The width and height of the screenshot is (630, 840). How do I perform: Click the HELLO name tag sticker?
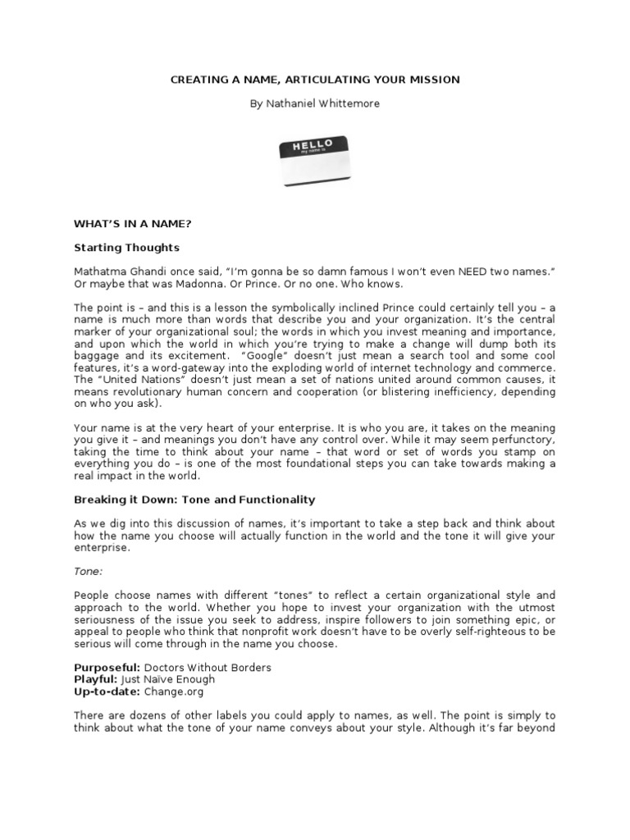[x=315, y=162]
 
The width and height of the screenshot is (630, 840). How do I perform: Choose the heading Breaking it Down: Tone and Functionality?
[x=195, y=500]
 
